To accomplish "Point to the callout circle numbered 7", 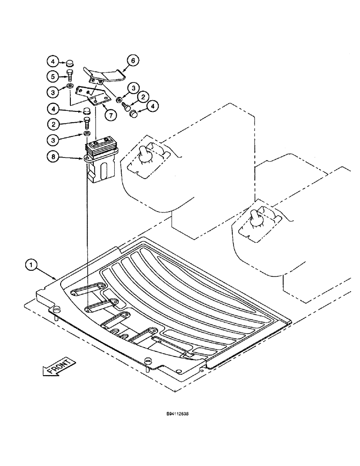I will click(x=111, y=115).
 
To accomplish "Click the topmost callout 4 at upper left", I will click(x=53, y=62).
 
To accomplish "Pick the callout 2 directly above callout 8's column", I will click(x=53, y=124).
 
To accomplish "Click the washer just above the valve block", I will click(x=87, y=134).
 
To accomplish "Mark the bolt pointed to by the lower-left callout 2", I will click(x=87, y=123).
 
